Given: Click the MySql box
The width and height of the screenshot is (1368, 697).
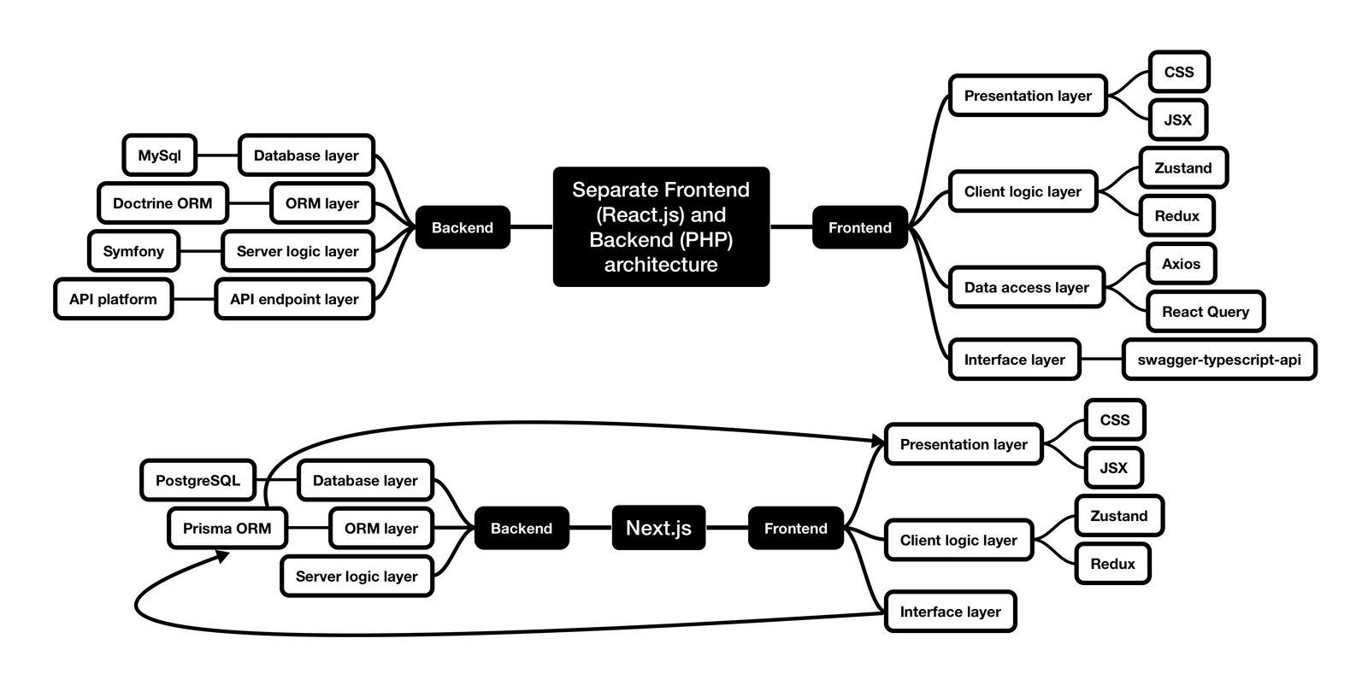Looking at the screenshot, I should click(160, 155).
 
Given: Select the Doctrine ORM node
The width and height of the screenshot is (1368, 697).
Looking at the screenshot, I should click(162, 203).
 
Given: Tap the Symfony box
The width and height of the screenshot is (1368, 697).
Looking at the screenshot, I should click(133, 251).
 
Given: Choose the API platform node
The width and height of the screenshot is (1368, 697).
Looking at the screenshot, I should click(113, 299).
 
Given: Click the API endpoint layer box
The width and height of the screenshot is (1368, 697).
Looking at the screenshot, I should click(294, 299).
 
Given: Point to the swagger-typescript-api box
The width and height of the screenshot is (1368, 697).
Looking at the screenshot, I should click(1218, 360).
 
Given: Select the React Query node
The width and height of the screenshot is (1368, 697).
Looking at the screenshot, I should click(1205, 312).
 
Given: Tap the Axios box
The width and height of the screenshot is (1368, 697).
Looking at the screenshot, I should click(1181, 264).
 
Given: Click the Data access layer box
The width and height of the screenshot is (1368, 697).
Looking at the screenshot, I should click(1026, 288).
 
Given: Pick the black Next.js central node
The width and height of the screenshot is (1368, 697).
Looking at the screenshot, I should click(658, 528).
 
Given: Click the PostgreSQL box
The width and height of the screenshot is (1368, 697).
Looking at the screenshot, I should click(198, 480).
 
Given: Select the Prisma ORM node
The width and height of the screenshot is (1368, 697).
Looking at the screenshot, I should click(227, 528).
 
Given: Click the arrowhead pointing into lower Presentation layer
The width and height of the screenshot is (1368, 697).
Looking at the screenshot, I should click(878, 442).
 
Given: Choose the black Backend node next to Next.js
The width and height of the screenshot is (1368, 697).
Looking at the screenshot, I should click(521, 528).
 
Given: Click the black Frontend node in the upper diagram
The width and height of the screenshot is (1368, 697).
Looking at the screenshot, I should click(859, 227).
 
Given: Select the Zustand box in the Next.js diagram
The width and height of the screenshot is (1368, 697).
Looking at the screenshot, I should click(1118, 516).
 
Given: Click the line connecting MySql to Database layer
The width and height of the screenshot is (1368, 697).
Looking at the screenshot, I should click(217, 155).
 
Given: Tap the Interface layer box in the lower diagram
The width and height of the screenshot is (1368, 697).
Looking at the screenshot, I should click(950, 612).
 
